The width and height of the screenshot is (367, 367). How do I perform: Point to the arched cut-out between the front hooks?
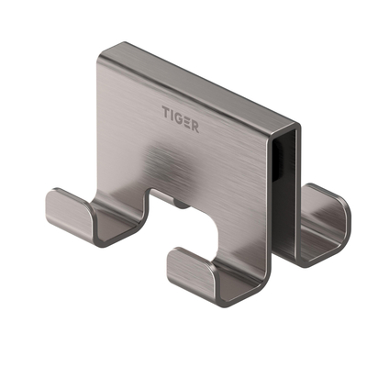pos(180,218)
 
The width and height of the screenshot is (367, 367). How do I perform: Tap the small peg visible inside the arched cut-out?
pos(184,204)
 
